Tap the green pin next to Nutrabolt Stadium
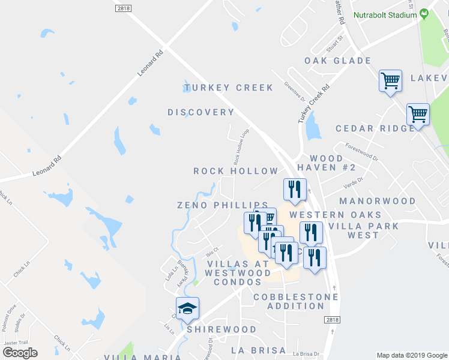point(424,13)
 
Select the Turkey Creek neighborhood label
point(228,88)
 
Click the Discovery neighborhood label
point(200,112)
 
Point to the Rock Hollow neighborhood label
point(236,171)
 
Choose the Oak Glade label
point(337,61)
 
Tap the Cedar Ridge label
point(375,128)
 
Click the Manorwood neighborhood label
point(377,201)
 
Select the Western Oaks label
point(335,214)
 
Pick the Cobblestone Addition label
point(289,301)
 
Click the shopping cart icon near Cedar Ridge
point(418,114)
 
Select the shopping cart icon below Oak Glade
point(390,80)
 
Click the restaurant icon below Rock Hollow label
point(295,190)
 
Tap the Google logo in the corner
point(20,352)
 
